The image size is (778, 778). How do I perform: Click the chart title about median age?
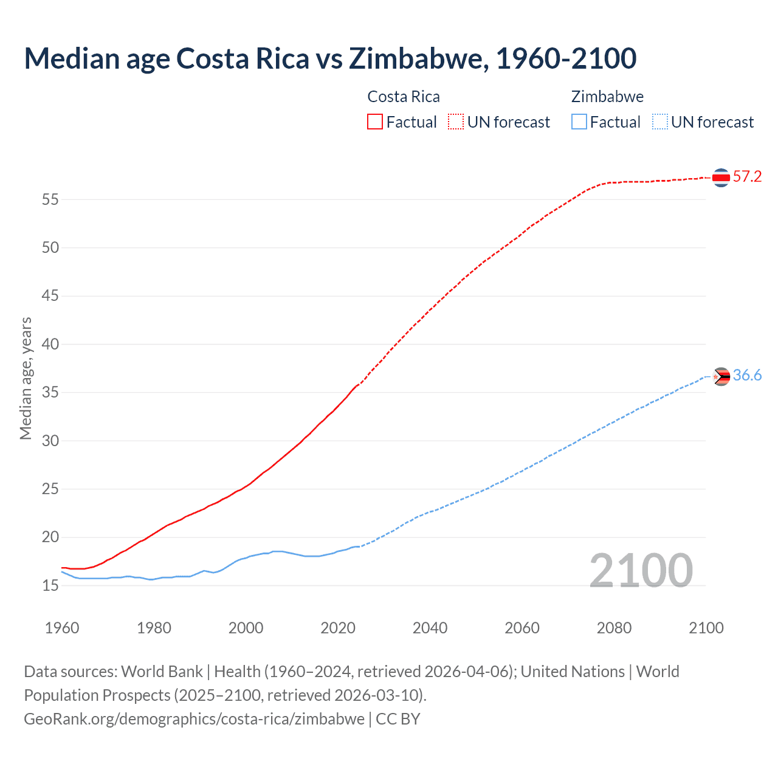(x=330, y=58)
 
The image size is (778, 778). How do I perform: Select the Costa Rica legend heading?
(x=404, y=97)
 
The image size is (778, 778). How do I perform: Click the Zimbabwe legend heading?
(x=607, y=97)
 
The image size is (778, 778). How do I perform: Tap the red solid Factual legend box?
(x=375, y=122)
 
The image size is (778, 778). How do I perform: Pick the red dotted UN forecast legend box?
(x=455, y=122)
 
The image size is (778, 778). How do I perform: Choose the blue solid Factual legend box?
(x=579, y=122)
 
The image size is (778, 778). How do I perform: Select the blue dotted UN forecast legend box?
(x=659, y=122)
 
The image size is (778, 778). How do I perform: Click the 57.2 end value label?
(x=747, y=177)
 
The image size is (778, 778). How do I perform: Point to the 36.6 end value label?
(x=747, y=376)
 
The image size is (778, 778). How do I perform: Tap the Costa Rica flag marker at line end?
(x=721, y=177)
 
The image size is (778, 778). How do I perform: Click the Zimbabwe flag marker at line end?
(x=721, y=377)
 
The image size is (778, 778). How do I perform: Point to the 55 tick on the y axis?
(x=50, y=199)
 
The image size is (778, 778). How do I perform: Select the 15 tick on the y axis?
(x=50, y=586)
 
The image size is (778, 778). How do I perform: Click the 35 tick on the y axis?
(x=50, y=393)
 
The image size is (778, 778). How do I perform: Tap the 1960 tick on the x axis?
(x=62, y=628)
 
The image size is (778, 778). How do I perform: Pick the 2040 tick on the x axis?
(x=430, y=628)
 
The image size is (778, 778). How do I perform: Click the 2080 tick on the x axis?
(x=614, y=628)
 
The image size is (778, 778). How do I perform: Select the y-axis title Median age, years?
(x=26, y=378)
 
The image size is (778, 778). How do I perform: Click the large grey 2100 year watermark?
(x=641, y=571)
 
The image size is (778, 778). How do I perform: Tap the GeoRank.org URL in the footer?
(x=194, y=719)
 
